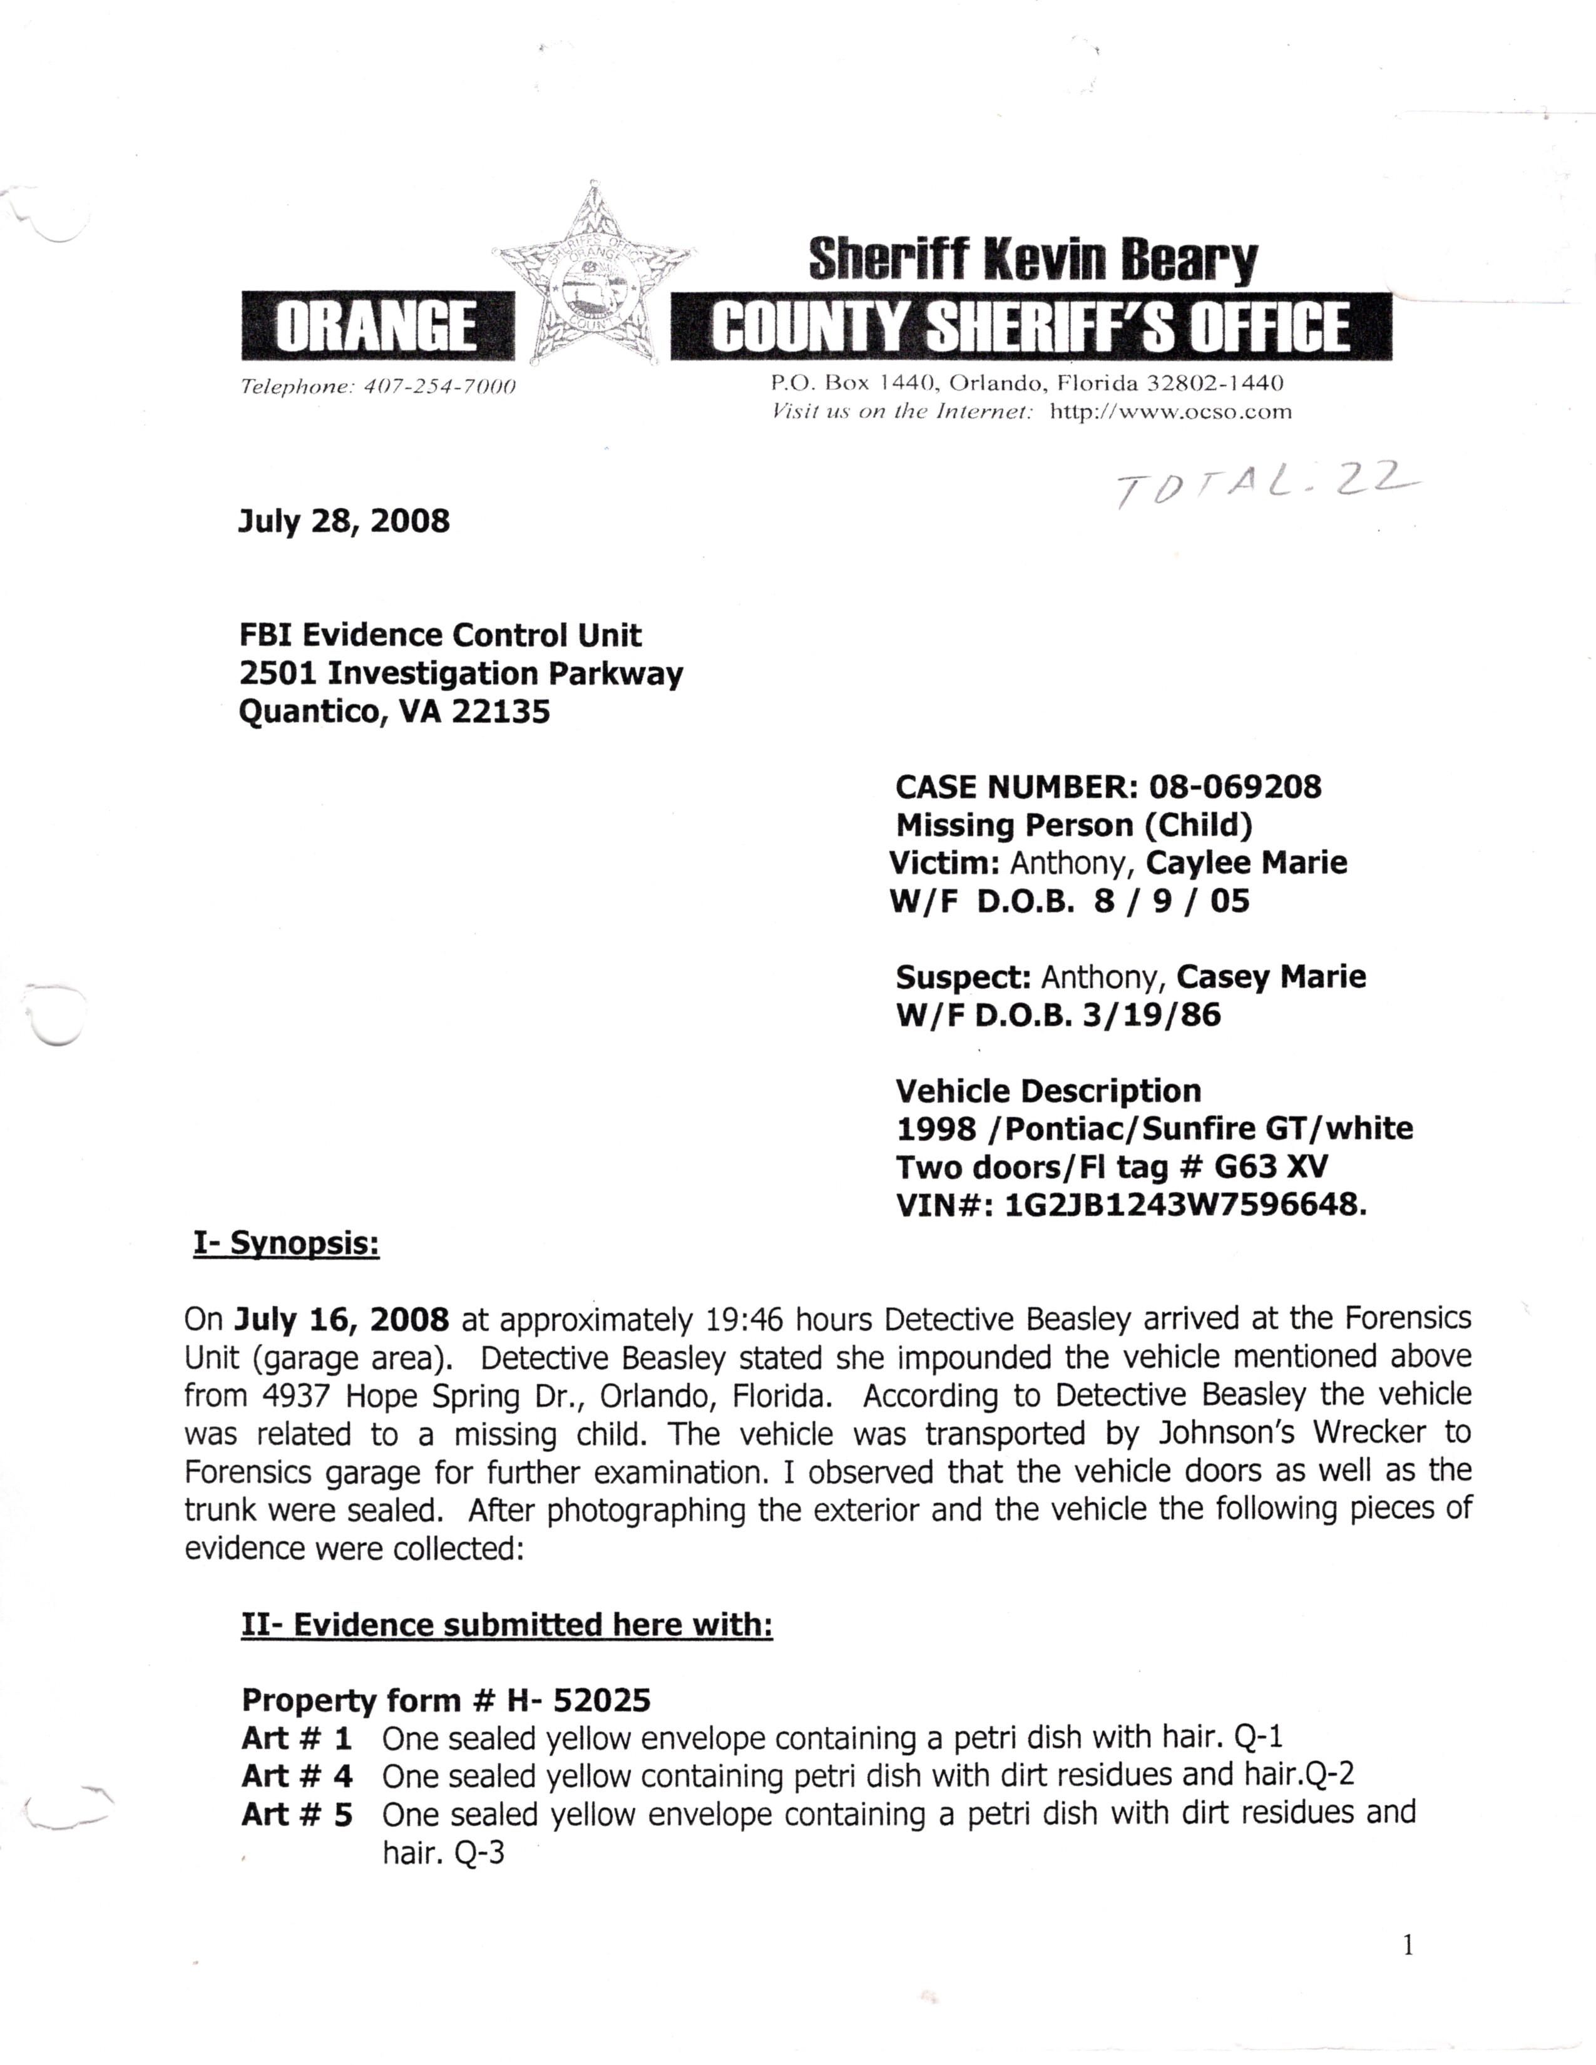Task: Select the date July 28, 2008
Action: pos(343,521)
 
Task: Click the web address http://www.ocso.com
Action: pos(1170,411)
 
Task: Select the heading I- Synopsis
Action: pos(287,1244)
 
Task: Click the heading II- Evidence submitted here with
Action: pos(507,1624)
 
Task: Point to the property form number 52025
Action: pos(601,1701)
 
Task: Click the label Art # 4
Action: pos(297,1777)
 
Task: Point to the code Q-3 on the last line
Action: pos(479,1853)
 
